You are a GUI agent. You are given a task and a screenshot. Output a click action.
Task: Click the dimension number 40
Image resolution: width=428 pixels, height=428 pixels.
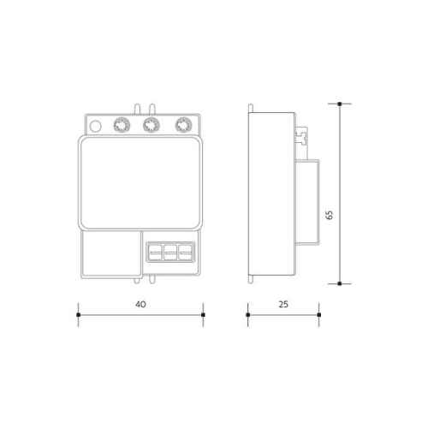pyautogui.click(x=140, y=304)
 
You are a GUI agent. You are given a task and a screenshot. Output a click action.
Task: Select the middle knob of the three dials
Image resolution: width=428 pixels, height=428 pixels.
pyautogui.click(x=148, y=126)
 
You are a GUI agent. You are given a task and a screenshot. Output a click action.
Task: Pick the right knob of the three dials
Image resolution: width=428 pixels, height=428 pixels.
pyautogui.click(x=181, y=126)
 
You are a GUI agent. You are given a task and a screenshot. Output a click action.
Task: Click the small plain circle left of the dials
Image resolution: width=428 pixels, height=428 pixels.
pyautogui.click(x=94, y=127)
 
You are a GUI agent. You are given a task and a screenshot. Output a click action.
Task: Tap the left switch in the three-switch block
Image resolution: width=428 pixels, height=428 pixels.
pyautogui.click(x=157, y=252)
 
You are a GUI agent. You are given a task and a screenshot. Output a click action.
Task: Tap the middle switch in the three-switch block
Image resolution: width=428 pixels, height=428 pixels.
pyautogui.click(x=169, y=252)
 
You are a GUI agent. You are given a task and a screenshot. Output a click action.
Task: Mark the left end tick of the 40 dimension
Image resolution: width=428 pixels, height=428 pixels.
pyautogui.click(x=79, y=316)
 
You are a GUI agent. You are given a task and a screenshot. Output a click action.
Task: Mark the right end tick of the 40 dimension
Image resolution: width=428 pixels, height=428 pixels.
pyautogui.click(x=202, y=316)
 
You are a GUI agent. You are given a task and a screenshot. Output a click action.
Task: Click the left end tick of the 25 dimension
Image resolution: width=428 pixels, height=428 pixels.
pyautogui.click(x=247, y=316)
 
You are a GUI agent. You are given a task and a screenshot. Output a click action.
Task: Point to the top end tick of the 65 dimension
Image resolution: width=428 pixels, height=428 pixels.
pyautogui.click(x=341, y=104)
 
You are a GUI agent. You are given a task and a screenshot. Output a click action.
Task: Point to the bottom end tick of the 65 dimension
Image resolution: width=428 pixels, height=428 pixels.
pyautogui.click(x=341, y=282)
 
